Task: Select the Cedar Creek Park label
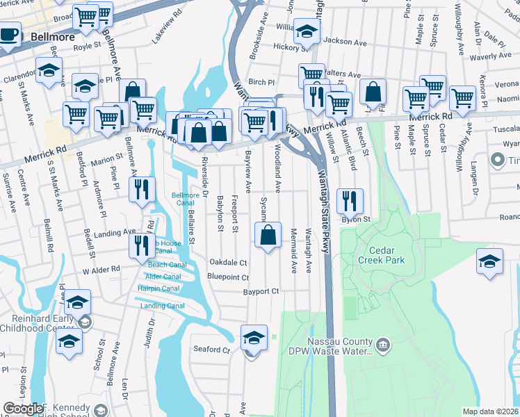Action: (x=376, y=254)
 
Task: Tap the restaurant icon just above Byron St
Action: (x=350, y=201)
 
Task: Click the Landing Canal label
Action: (x=163, y=306)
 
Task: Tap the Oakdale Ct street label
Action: (x=229, y=263)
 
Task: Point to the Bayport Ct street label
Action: (x=261, y=291)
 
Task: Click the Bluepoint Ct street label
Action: (x=228, y=277)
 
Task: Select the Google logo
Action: (x=23, y=409)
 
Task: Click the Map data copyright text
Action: (x=490, y=411)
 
